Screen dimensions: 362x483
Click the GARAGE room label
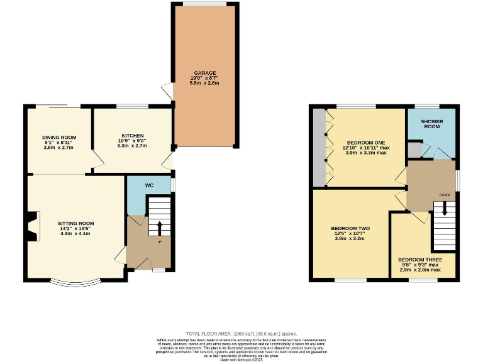tap(205, 72)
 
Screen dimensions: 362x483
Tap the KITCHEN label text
tap(133, 135)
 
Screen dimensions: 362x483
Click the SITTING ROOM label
tap(75, 223)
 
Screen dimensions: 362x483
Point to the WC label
tap(149, 185)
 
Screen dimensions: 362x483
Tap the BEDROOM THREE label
tap(419, 260)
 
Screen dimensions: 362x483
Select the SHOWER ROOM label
tap(431, 123)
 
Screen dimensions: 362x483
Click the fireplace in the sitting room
tap(32, 227)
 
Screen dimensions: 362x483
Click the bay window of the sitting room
tap(75, 282)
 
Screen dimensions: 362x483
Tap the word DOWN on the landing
tap(444, 195)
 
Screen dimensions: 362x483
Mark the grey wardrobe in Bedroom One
tap(320, 148)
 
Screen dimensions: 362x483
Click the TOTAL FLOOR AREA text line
tap(241, 333)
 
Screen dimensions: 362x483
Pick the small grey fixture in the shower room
tap(413, 149)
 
